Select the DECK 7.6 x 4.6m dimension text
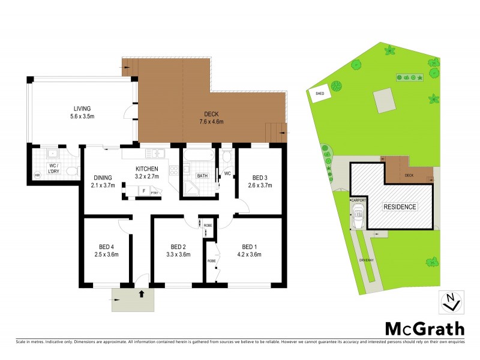pyautogui.click(x=213, y=121)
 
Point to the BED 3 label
pyautogui.click(x=260, y=178)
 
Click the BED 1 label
pyautogui.click(x=251, y=247)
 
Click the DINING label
pyautogui.click(x=103, y=177)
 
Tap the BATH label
pyautogui.click(x=203, y=176)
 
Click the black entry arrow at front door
pyautogui.click(x=141, y=294)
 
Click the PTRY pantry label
pyautogui.click(x=154, y=193)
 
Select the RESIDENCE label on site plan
pyautogui.click(x=400, y=206)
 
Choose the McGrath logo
pyautogui.click(x=424, y=328)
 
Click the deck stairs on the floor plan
pyautogui.click(x=277, y=131)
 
